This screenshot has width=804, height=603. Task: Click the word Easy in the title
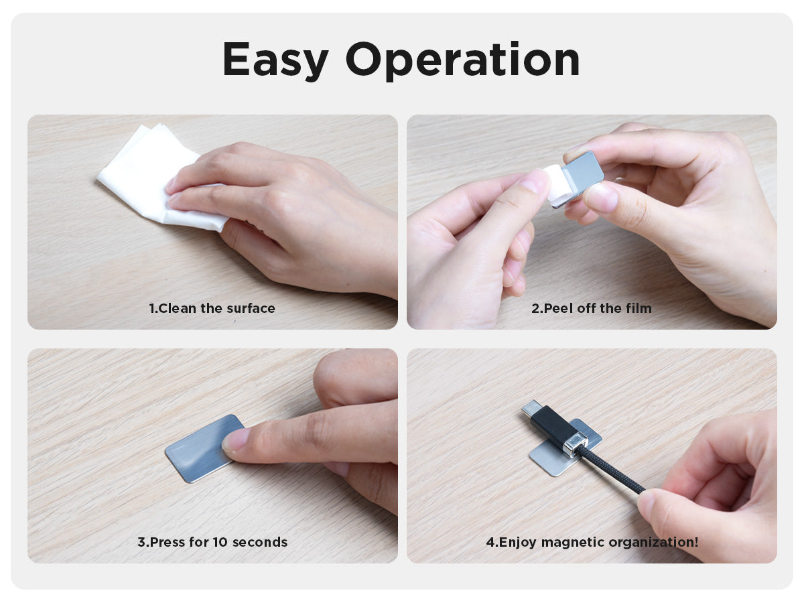pos(275,60)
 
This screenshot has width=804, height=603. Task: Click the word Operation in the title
pos(462,60)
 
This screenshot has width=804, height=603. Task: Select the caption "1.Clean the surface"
pos(212,308)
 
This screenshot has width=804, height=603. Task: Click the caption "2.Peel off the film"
pos(592,308)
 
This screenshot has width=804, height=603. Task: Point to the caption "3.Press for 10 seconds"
pos(212,542)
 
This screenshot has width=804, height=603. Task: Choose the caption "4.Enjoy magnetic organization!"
pos(592,542)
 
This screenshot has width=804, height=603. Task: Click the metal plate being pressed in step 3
pos(200,448)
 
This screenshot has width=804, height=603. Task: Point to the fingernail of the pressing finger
pos(234,440)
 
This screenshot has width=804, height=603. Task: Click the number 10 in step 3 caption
pos(220,542)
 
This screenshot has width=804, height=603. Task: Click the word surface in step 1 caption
pos(251,309)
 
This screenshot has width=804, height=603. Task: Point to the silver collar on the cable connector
pos(576,444)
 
